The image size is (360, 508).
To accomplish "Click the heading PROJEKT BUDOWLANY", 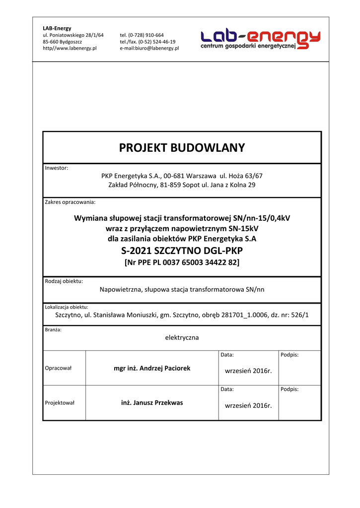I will pos(182,148).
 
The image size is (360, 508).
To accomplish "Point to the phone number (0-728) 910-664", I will pos(145,35).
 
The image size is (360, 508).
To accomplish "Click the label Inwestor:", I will pos(57,168).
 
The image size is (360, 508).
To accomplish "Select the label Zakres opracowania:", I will pos(70,202).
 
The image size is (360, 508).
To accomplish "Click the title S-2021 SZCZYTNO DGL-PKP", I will pos(182,251).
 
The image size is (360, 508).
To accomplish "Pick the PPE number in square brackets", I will pos(182,262).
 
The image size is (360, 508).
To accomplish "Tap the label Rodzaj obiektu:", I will pos(64,281).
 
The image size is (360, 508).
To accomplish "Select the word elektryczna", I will pos(182,337).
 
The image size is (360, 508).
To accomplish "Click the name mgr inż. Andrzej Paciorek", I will pos(152,368).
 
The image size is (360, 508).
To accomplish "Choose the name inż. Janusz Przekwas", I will pos(152,403).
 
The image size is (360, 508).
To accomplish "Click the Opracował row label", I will pos(59,368).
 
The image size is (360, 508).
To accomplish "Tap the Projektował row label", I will pos(60,403).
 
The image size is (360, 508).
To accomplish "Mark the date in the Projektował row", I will pos(248,405).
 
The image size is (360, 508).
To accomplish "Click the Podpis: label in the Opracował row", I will pos(289,355).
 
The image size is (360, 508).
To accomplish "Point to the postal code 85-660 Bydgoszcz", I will pos(63,42).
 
